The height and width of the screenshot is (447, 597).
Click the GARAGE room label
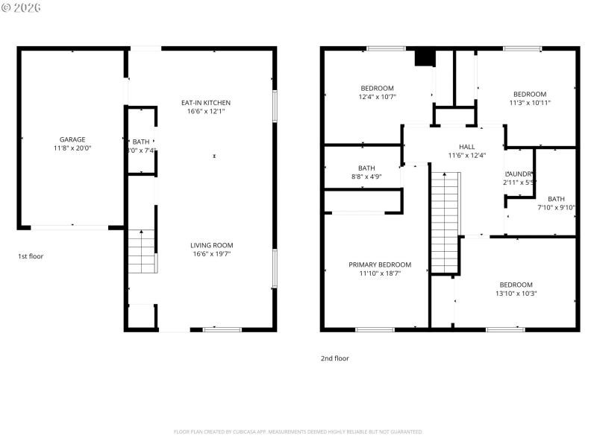(x=72, y=139)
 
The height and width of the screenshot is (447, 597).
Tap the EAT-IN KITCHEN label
(x=206, y=103)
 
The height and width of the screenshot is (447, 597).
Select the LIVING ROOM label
(x=212, y=245)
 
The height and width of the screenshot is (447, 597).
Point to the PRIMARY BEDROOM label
(x=380, y=264)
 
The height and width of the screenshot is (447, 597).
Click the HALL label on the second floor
(x=466, y=147)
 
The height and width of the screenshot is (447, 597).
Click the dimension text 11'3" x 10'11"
(x=530, y=103)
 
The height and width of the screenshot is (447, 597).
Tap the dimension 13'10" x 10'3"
(x=516, y=294)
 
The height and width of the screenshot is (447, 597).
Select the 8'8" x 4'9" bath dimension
(x=366, y=177)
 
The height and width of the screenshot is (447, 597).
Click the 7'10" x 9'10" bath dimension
(x=556, y=208)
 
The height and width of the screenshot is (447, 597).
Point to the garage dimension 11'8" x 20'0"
(x=72, y=148)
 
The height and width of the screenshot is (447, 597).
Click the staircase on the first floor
(x=142, y=252)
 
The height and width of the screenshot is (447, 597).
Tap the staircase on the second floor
(x=446, y=221)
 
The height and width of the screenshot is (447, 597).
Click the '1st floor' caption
(x=31, y=256)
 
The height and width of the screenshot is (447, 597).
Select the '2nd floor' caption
(x=335, y=358)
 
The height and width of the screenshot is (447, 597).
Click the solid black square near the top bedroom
(x=424, y=57)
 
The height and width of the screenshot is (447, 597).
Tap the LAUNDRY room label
(x=519, y=173)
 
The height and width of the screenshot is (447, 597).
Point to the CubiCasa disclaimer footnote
(x=298, y=431)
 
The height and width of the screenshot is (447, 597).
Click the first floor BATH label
(x=141, y=142)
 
